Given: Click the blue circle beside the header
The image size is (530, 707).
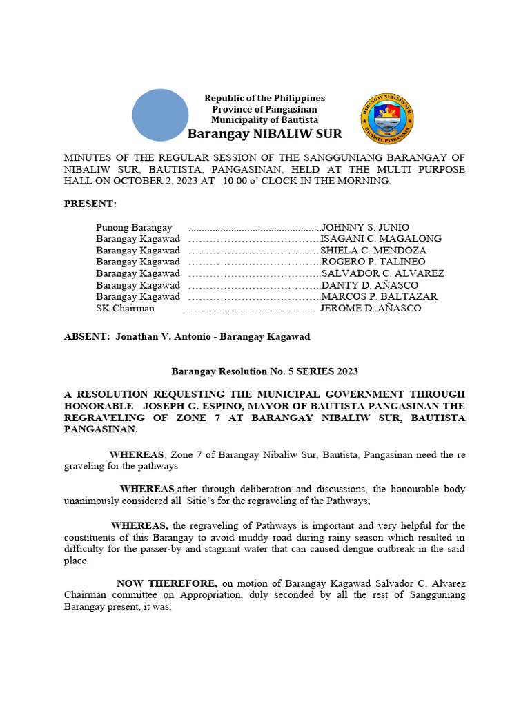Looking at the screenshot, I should tap(160, 115).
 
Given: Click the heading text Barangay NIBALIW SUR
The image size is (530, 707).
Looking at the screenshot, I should tap(265, 134).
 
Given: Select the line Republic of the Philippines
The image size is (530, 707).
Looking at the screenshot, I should tap(264, 98).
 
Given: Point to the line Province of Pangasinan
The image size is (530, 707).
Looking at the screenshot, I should tap(264, 109).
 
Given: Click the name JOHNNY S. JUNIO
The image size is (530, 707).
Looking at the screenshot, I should tap(365, 227).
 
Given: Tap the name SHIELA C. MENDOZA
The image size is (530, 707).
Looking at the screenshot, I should tap(373, 251).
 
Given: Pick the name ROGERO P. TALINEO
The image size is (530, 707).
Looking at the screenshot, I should tap(373, 262).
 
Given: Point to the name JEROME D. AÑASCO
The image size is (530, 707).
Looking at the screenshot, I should tap(370, 309).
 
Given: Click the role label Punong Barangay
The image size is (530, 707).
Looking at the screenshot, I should tap(134, 227).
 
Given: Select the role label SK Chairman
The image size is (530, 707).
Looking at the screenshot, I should tap(125, 309).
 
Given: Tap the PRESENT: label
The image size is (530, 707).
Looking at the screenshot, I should tap(90, 204).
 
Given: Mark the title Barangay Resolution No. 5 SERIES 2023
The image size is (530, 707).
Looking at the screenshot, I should tap(264, 371).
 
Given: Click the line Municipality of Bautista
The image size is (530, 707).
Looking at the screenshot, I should tap(264, 120).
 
